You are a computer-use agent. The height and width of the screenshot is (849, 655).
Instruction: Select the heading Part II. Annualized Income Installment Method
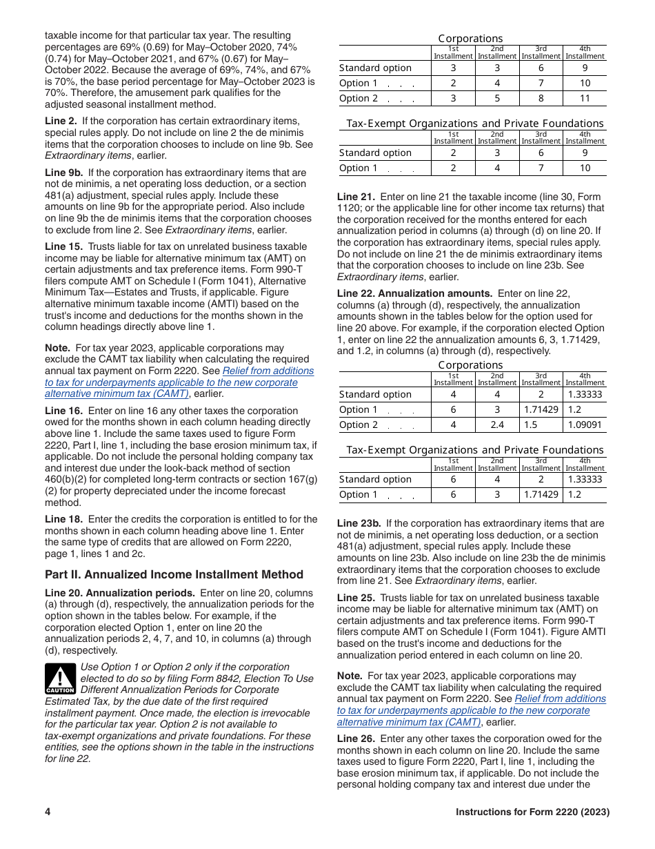(x=174, y=574)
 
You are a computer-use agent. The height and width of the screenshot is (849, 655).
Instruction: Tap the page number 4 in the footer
(x=48, y=812)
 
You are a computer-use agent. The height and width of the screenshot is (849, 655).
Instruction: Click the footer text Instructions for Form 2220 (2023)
(x=532, y=812)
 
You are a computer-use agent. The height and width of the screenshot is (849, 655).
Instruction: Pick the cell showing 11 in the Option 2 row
(x=585, y=98)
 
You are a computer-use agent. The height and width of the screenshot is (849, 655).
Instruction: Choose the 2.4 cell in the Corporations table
(x=496, y=424)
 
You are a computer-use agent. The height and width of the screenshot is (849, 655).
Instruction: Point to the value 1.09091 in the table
(x=585, y=424)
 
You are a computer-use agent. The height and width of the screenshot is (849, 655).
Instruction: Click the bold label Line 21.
(x=356, y=197)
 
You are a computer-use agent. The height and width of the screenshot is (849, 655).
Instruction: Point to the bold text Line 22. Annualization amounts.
(x=414, y=293)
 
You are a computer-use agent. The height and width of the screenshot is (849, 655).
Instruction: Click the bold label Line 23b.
(x=359, y=523)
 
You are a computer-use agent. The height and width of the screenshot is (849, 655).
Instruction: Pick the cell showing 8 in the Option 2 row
(x=541, y=98)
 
